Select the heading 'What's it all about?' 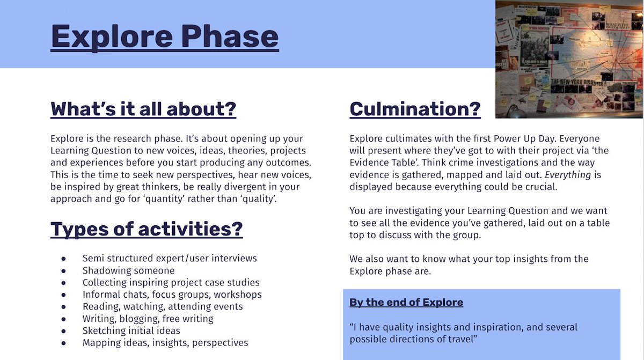tap(143, 109)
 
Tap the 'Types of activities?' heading tap(147, 229)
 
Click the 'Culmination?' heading tap(415, 109)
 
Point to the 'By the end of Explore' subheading tap(406, 302)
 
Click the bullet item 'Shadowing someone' tap(128, 270)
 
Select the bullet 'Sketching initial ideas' tap(131, 330)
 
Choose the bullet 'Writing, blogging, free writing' tap(148, 319)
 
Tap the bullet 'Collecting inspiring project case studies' tap(171, 282)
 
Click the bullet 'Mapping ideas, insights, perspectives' tap(165, 342)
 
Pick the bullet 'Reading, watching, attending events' tap(162, 306)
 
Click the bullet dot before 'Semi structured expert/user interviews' tap(63, 259)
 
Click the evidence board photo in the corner tap(569, 59)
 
